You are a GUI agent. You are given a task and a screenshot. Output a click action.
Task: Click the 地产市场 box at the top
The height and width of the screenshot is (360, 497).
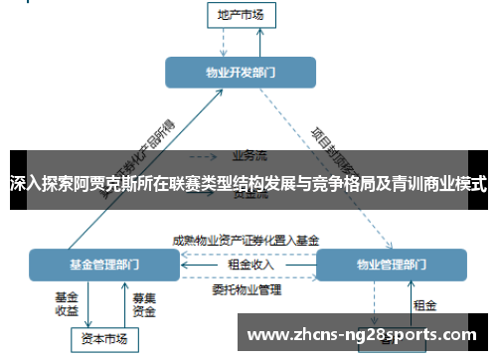point(241,14)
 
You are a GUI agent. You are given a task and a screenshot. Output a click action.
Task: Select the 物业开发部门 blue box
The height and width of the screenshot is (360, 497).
point(241,73)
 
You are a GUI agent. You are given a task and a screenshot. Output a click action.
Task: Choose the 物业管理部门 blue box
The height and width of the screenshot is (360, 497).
point(390,265)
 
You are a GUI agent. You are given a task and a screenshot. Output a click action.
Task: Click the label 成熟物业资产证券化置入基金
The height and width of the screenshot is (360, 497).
point(246,240)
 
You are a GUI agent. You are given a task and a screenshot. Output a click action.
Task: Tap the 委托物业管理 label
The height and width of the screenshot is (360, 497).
point(247,290)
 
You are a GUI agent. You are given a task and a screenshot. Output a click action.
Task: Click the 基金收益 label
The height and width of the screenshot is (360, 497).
point(66,303)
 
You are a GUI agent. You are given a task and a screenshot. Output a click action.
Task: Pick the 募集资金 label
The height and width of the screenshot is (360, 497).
point(143,303)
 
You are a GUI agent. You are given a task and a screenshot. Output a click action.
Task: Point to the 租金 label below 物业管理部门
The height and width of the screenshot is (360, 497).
point(424,304)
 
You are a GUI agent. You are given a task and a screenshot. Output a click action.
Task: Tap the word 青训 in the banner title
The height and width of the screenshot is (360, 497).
point(401,185)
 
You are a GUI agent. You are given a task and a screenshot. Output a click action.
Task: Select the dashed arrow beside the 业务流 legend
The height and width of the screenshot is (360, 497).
point(204,156)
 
